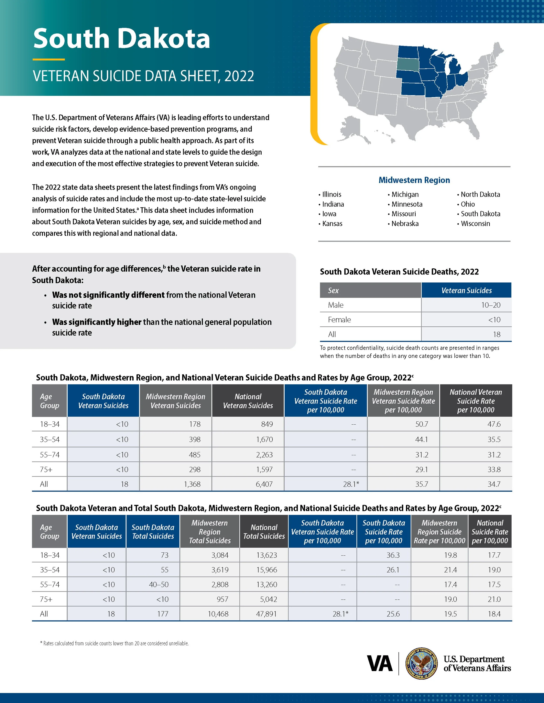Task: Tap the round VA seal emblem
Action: click(x=421, y=663)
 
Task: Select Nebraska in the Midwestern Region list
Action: click(x=405, y=224)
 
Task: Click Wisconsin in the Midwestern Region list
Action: click(x=475, y=224)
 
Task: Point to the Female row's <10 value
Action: click(x=494, y=320)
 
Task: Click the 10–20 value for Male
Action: click(x=490, y=305)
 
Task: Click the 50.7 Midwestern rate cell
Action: click(x=421, y=424)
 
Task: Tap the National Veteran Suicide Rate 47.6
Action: click(x=494, y=424)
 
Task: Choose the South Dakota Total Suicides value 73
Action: click(x=164, y=555)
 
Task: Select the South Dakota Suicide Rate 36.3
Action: click(x=393, y=555)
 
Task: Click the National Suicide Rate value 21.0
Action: click(x=494, y=599)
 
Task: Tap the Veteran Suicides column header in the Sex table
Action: click(x=466, y=290)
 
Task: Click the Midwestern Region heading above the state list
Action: click(x=414, y=180)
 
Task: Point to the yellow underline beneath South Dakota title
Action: click(x=49, y=60)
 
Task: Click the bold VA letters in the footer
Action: click(x=380, y=664)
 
